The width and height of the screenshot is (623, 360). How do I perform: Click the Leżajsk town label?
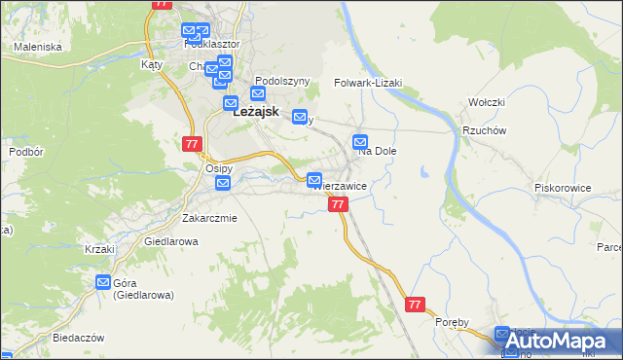click(x=257, y=112)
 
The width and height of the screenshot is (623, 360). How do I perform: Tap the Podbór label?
click(x=24, y=153)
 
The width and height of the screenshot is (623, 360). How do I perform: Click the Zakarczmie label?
click(x=209, y=218)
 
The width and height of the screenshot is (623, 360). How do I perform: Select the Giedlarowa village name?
click(x=170, y=240)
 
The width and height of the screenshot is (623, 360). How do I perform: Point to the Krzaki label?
click(x=99, y=249)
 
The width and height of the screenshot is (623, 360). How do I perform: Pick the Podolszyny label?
click(x=281, y=81)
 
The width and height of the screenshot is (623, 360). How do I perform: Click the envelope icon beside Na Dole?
click(x=360, y=141)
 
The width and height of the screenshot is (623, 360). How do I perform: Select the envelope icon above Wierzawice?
click(x=314, y=180)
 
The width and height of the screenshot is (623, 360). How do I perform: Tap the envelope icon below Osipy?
click(x=223, y=183)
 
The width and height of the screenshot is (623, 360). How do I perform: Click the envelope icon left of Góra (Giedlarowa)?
click(x=103, y=283)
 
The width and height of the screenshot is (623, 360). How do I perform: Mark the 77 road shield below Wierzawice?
click(x=338, y=204)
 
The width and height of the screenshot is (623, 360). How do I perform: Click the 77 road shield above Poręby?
click(x=417, y=305)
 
